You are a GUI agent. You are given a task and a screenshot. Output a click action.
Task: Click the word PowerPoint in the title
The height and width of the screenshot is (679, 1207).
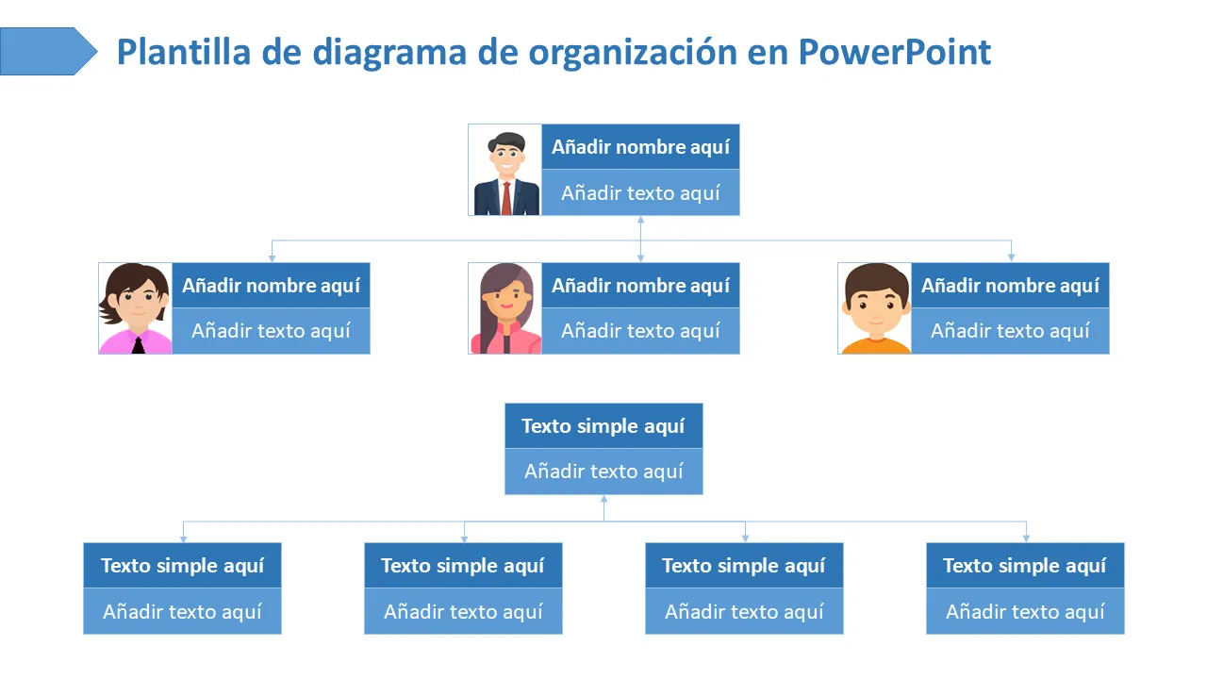[x=894, y=52]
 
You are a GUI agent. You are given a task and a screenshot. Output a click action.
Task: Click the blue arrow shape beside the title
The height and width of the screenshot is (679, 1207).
[x=48, y=51]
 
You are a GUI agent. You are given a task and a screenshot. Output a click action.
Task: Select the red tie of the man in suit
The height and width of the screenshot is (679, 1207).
[x=506, y=198]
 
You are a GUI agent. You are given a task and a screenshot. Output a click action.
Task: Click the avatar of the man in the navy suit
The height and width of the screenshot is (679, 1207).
[x=505, y=171]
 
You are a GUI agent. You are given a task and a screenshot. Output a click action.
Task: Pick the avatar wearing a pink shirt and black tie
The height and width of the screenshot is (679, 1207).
[x=136, y=308]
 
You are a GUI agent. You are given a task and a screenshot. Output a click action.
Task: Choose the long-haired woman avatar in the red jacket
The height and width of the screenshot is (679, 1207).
[x=505, y=308]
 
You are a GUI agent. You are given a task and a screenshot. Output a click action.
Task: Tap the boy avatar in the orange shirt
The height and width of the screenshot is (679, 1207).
[x=875, y=308]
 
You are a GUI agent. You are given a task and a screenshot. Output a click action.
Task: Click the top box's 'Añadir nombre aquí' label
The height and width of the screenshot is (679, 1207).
[x=640, y=146]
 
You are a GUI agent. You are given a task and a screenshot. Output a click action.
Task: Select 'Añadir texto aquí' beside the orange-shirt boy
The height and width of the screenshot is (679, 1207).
[x=1010, y=330]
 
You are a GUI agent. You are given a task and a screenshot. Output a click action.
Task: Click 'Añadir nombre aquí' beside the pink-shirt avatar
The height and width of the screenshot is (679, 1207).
[x=271, y=285]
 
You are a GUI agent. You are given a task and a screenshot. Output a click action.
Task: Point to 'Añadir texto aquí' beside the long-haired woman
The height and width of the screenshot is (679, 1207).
[x=640, y=330]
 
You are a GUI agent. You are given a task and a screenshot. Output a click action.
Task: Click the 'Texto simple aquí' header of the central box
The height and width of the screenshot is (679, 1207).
[x=603, y=425]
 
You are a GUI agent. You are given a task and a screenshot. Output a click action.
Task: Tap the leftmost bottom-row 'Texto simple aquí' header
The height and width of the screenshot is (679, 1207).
[x=183, y=565]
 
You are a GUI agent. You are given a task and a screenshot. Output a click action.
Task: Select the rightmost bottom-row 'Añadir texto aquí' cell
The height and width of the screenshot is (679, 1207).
[x=1025, y=611]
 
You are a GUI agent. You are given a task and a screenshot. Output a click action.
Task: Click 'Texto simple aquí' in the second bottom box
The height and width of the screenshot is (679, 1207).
[x=463, y=565]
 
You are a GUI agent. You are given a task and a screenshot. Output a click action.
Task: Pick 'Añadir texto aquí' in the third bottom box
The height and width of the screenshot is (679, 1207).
[x=744, y=611]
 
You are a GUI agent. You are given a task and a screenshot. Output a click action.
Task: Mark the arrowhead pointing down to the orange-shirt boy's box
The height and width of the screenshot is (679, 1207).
[x=1012, y=258]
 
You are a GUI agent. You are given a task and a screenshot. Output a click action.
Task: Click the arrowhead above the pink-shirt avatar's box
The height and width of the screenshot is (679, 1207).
[x=273, y=258]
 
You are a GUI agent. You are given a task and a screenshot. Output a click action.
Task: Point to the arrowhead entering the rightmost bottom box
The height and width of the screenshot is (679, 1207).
[x=1026, y=538]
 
